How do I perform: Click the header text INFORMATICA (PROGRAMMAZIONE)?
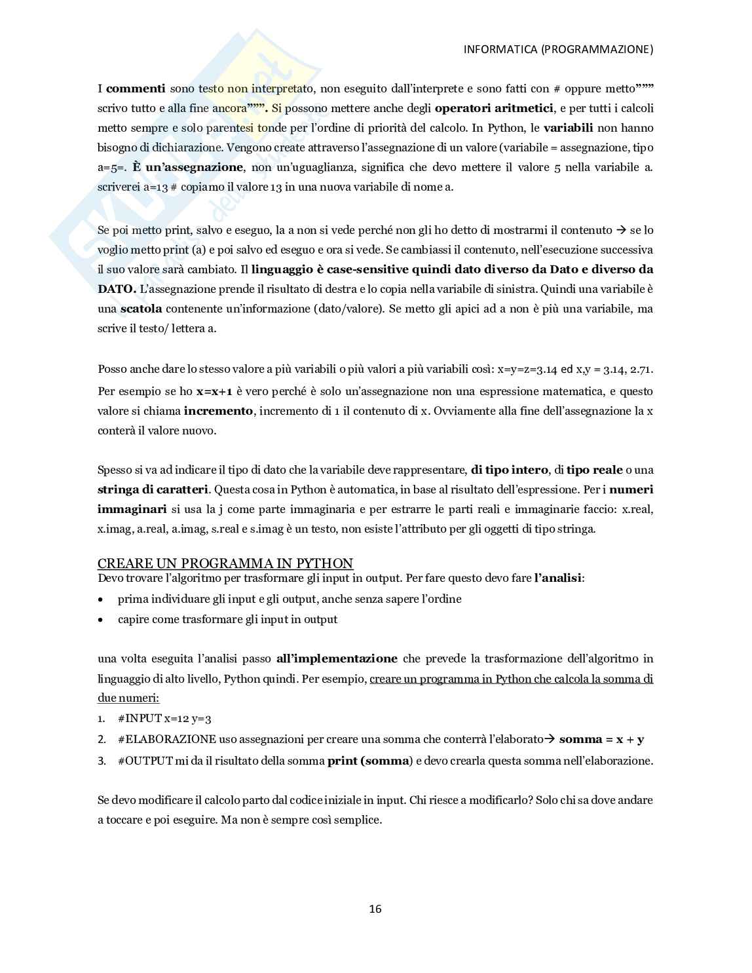click(558, 49)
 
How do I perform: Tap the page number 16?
click(375, 909)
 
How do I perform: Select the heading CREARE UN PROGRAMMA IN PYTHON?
click(225, 563)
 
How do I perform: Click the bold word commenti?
click(136, 88)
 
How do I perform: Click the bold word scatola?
click(141, 309)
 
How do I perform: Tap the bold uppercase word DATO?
click(117, 289)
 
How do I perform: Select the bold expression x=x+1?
click(214, 392)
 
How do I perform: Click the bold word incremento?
click(218, 411)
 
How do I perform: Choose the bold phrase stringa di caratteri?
click(153, 489)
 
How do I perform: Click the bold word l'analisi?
click(558, 579)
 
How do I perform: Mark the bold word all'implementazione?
click(337, 659)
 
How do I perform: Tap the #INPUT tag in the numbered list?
click(140, 719)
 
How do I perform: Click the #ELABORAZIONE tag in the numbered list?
click(167, 740)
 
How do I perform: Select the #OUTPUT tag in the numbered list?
click(145, 761)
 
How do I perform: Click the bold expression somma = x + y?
click(601, 740)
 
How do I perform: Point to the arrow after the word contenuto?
click(620, 230)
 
